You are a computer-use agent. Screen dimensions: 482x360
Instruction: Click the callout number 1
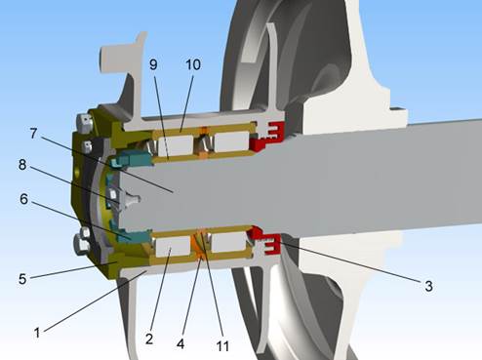coord(37,333)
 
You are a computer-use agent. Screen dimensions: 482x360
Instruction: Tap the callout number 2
coord(149,339)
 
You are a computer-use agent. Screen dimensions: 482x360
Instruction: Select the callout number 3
coord(428,286)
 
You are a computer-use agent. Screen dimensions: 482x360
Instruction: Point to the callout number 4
coord(181,343)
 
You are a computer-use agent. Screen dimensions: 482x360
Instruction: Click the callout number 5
coord(22,279)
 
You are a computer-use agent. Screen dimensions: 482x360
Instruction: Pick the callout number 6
coord(23,199)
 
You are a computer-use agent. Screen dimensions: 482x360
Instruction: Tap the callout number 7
coord(33,133)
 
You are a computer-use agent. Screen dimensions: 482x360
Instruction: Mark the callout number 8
coord(22,165)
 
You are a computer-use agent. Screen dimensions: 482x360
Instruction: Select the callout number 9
coord(153,64)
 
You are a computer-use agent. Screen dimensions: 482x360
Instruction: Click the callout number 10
coord(193,64)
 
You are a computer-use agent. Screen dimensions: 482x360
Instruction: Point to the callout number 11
coord(222,346)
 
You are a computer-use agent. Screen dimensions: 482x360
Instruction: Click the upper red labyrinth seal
coord(267,136)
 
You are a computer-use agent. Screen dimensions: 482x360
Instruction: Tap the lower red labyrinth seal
coord(265,241)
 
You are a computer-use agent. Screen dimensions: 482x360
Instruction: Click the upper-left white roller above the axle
coord(176,145)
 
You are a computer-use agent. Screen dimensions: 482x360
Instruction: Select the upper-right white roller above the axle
coord(232,141)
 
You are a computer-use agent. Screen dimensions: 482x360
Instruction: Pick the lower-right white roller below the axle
coord(228,243)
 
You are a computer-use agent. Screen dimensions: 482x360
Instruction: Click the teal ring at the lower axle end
coord(132,235)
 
